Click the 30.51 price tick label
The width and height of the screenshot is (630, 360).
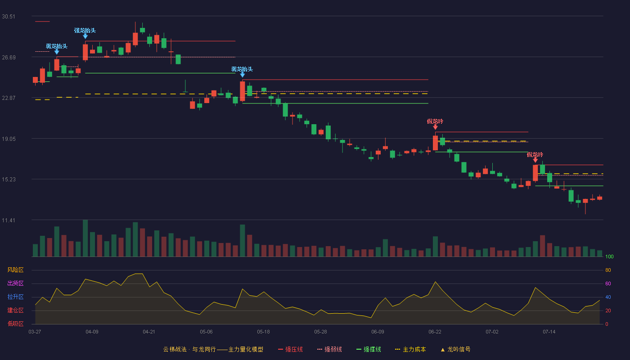pyautogui.click(x=9, y=17)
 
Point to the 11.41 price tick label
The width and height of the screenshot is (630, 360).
pyautogui.click(x=9, y=220)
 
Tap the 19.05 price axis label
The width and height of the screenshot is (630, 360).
pyautogui.click(x=9, y=139)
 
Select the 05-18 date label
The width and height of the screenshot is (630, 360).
pyautogui.click(x=263, y=332)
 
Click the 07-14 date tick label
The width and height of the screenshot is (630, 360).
pyautogui.click(x=549, y=332)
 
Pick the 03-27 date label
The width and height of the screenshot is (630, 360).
pyautogui.click(x=35, y=332)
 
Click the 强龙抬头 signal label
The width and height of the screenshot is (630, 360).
pyautogui.click(x=85, y=31)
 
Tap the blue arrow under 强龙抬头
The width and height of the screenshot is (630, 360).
pyautogui.click(x=85, y=36)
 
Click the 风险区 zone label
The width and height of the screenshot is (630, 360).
pyautogui.click(x=15, y=270)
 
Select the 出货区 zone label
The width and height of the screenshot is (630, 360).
pyautogui.click(x=15, y=283)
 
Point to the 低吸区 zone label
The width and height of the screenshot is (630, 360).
pyautogui.click(x=15, y=324)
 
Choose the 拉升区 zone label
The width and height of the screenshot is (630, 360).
pyautogui.click(x=15, y=297)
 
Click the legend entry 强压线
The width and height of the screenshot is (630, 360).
pyautogui.click(x=290, y=349)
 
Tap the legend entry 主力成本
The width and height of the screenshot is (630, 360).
pyautogui.click(x=410, y=349)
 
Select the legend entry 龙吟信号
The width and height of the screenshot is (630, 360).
pyautogui.click(x=455, y=349)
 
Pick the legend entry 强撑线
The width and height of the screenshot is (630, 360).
pyautogui.click(x=369, y=349)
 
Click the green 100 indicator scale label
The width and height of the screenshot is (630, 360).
pyautogui.click(x=609, y=256)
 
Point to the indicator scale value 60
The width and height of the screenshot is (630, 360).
pyautogui.click(x=608, y=283)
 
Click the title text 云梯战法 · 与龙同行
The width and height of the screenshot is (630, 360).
pyautogui.click(x=189, y=349)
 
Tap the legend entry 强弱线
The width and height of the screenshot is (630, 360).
pyautogui.click(x=329, y=349)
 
